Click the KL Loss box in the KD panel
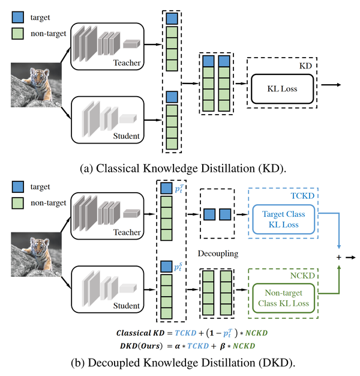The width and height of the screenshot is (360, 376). coord(281,89)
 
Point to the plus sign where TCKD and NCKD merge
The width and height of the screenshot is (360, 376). coord(338,257)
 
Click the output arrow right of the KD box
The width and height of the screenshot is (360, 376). coord(331,85)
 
